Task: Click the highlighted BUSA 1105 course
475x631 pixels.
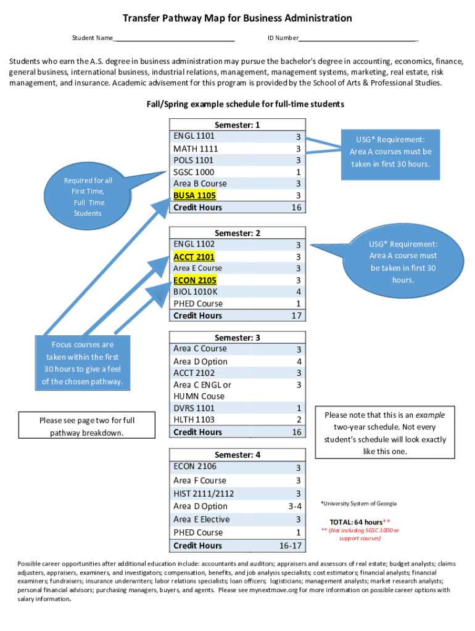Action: tap(195, 195)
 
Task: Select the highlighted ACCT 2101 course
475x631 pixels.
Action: tap(194, 256)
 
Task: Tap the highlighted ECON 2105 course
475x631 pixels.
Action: tap(195, 280)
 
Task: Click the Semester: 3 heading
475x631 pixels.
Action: tap(237, 337)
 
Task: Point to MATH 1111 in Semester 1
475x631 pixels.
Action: tap(196, 149)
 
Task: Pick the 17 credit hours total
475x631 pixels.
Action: tap(295, 315)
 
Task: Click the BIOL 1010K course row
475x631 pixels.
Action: tap(196, 291)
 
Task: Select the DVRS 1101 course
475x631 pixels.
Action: tap(194, 408)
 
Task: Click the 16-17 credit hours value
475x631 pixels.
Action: tap(290, 545)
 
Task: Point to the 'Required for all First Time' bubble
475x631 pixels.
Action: tap(88, 197)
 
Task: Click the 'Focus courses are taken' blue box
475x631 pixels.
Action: tap(82, 363)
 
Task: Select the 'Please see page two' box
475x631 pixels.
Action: tap(87, 426)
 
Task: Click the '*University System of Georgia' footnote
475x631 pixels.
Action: tap(358, 503)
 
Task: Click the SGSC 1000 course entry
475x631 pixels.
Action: tap(194, 172)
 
